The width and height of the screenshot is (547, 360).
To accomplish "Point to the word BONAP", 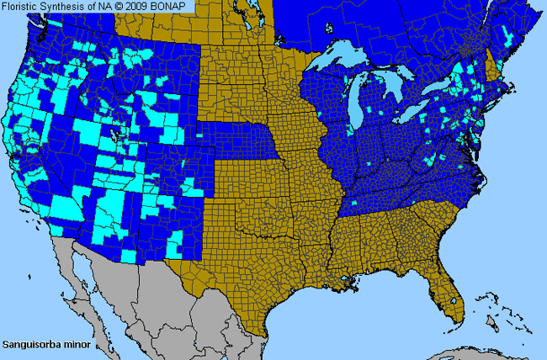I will tap(170, 6).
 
